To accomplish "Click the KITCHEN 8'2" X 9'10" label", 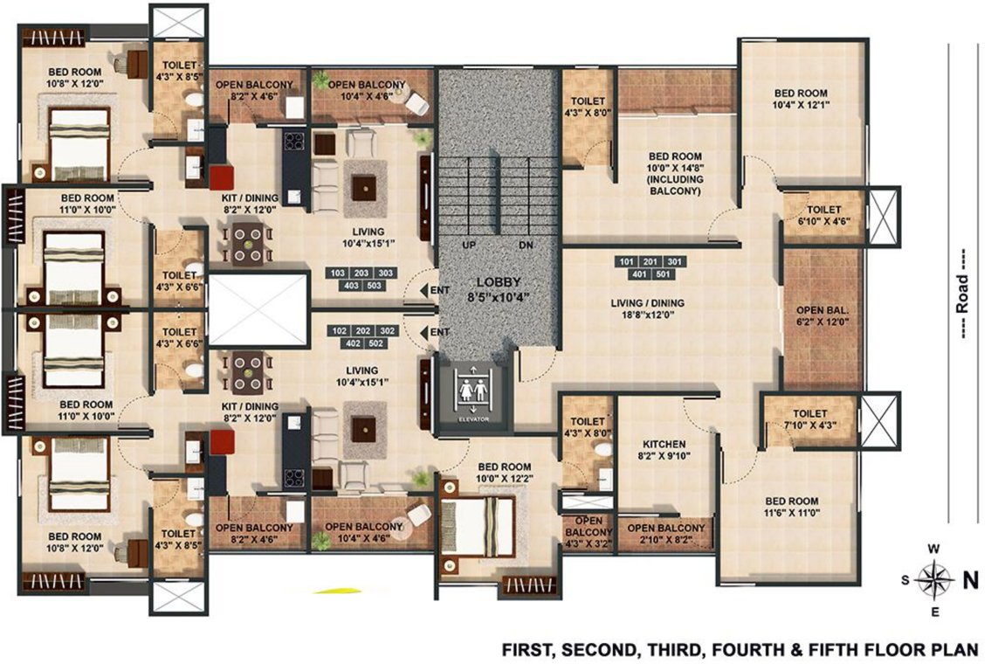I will (x=664, y=450).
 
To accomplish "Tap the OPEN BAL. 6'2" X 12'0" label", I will (x=822, y=316).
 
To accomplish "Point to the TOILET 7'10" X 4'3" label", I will (x=809, y=420).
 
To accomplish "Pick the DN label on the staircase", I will (x=526, y=246).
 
